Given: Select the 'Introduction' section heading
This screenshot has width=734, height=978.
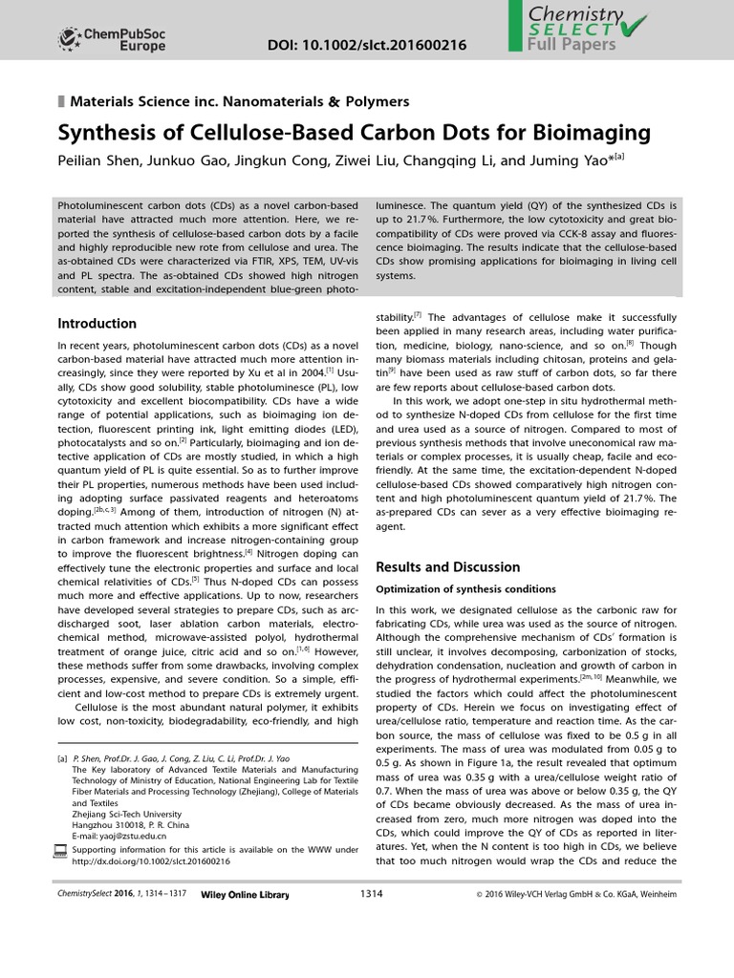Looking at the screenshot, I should coord(97,323).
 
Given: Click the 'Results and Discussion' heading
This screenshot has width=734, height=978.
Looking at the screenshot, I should coord(447,566).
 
